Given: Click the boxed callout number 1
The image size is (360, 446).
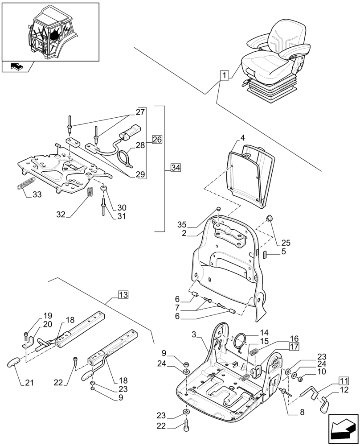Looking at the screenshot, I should pos(225,75).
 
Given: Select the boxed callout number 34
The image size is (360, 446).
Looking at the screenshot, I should pos(176,168).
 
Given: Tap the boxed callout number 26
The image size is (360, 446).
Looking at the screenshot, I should pos(157,139).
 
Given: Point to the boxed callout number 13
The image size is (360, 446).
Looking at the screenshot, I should pos(123,294).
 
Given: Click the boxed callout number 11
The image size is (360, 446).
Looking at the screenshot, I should pos(343,381).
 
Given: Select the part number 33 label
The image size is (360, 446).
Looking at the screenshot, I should pos(37,194).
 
